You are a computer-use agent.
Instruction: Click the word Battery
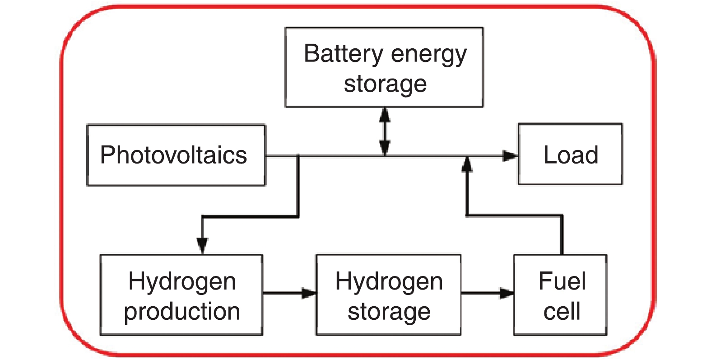coord(343,54)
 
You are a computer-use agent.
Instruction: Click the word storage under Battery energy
coord(385,84)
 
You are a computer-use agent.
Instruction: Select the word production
coord(182,312)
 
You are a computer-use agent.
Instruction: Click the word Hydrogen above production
coord(182,282)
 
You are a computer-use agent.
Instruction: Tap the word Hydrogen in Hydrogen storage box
coord(389,282)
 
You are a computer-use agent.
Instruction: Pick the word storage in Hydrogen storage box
coord(389,312)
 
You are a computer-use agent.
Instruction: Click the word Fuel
coord(562,281)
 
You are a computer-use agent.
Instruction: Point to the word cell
coord(562,311)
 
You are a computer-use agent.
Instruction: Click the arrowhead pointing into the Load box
coord(511,156)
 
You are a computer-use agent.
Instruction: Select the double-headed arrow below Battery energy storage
coord(385,131)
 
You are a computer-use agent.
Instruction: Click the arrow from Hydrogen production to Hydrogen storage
coord(289,293)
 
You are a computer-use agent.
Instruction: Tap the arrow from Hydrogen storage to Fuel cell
coord(488,293)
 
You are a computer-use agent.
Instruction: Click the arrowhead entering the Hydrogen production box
coord(202,245)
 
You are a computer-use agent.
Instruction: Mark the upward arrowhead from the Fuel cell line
coord(467,164)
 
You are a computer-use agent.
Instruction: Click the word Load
coord(571,155)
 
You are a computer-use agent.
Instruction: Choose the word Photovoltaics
coord(173,155)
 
